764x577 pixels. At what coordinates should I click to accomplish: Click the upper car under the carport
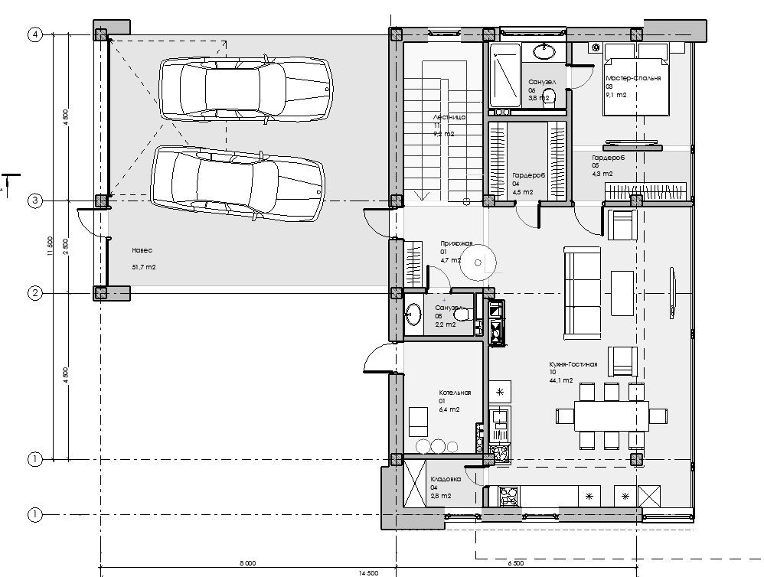point(245,90)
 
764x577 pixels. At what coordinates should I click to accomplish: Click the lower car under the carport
point(237,182)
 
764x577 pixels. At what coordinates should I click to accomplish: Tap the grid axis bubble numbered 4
point(34,34)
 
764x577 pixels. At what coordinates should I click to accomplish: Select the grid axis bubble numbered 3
point(34,200)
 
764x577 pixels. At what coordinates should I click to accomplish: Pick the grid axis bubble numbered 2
point(34,292)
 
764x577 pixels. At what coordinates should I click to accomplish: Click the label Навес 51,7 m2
point(143,258)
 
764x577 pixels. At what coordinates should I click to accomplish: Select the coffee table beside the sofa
point(622,292)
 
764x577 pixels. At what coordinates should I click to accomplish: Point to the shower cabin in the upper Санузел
point(505,74)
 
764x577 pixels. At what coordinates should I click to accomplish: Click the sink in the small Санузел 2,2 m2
point(414,315)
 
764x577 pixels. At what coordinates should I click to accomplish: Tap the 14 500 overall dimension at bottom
point(379,572)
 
